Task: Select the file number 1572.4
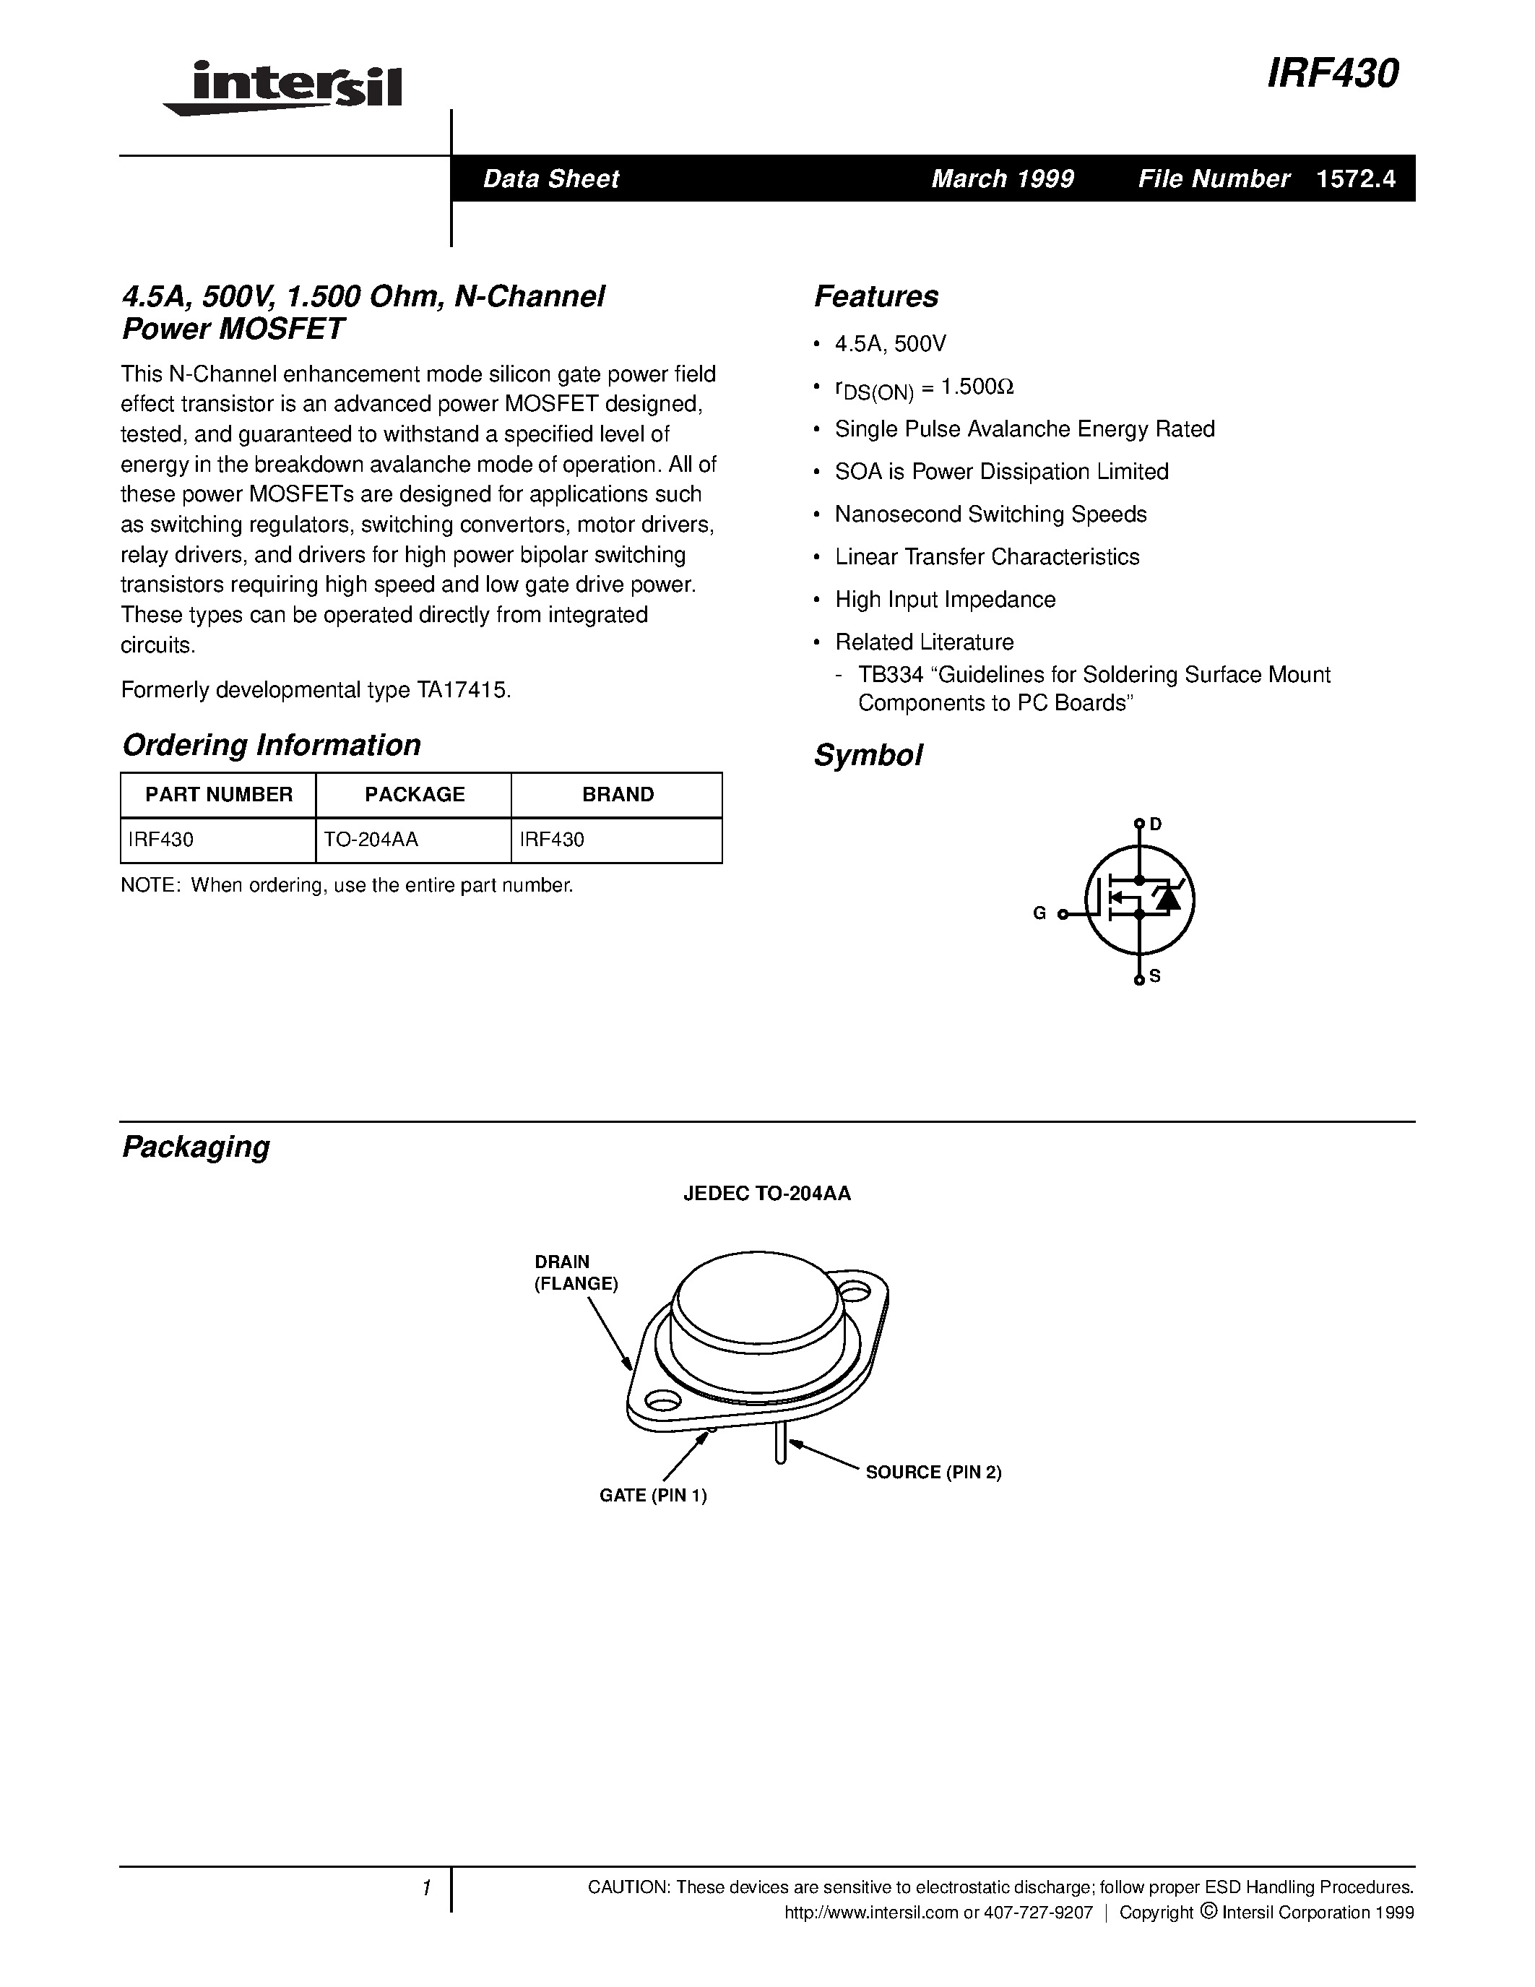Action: (1355, 178)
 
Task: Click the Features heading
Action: (875, 296)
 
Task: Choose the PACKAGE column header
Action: (415, 794)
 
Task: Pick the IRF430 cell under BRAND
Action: (552, 840)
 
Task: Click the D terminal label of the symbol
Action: (1156, 824)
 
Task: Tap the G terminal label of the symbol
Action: (1039, 913)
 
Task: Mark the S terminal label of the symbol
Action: (1155, 976)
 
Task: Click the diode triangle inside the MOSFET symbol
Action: (1167, 899)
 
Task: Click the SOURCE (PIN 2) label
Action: (933, 1472)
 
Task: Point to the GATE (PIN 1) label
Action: (653, 1496)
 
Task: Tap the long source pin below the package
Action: (780, 1446)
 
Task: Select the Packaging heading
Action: (196, 1147)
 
